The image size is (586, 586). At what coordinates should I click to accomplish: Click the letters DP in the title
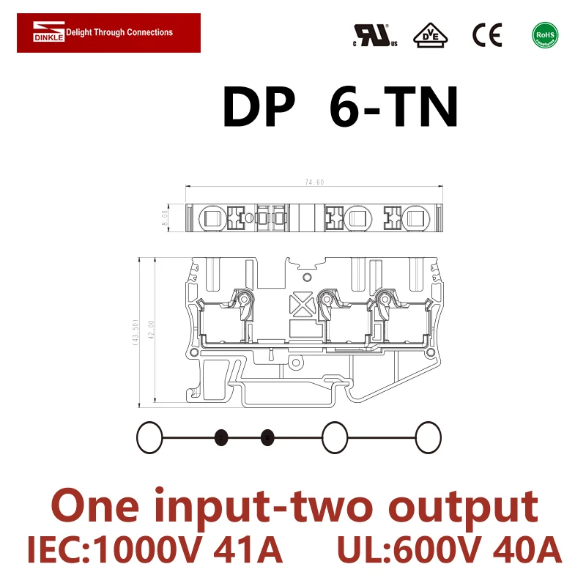coord(258,108)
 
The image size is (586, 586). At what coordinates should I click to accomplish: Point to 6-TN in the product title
coord(394,108)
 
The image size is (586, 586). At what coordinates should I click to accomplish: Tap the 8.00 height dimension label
coord(166,217)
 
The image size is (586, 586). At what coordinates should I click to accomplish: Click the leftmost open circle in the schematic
coord(149,438)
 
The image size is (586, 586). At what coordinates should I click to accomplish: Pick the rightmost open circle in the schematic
coord(429,438)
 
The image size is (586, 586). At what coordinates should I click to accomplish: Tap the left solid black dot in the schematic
coord(220,438)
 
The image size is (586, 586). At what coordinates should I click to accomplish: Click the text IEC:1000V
coord(116,550)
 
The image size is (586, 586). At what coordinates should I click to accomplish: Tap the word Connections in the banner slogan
coord(150,32)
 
